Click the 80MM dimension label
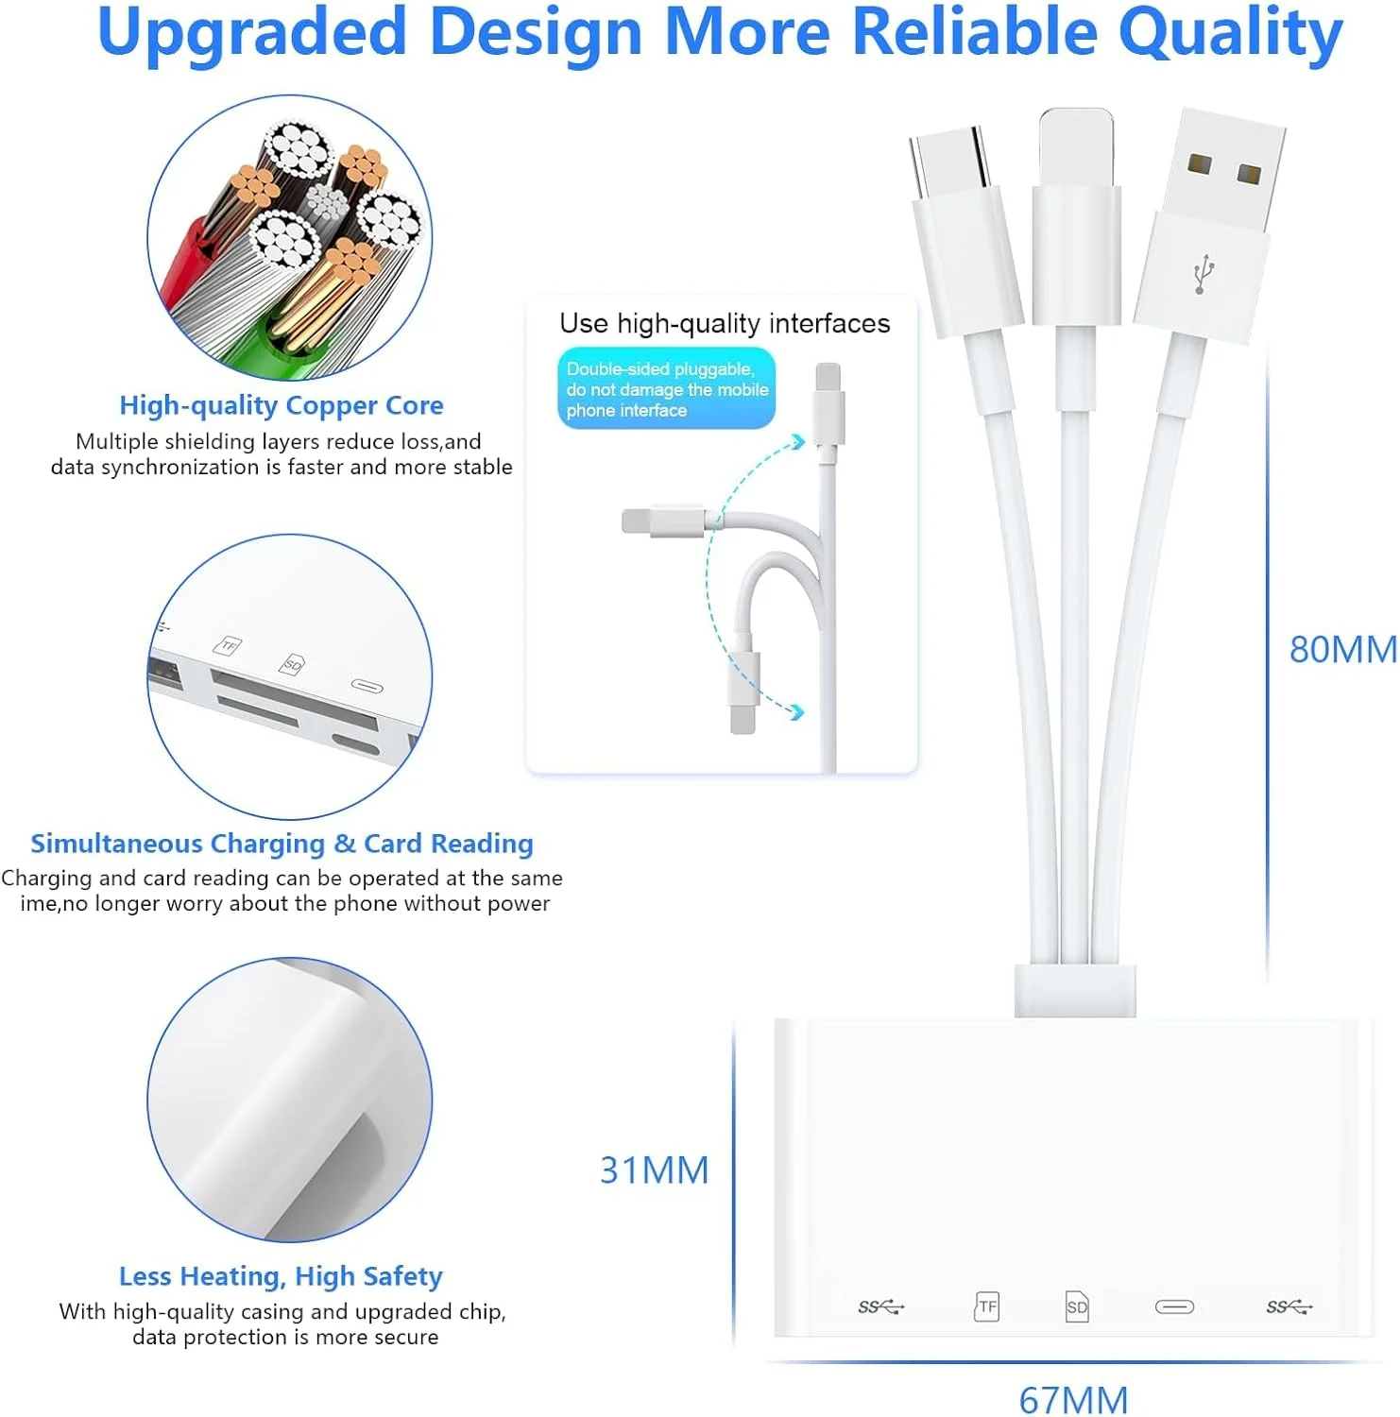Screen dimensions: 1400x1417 (x=1343, y=650)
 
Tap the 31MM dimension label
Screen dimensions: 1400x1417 (x=654, y=1170)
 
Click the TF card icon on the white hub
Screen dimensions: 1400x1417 (x=986, y=1306)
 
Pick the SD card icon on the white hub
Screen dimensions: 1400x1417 (x=1077, y=1306)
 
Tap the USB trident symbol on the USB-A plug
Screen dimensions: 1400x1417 (x=1203, y=274)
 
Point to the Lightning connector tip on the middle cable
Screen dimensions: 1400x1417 (x=1076, y=147)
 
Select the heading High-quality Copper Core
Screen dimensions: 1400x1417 (x=282, y=405)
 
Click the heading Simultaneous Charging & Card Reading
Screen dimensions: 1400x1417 (x=282, y=843)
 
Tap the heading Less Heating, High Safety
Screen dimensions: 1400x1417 (x=281, y=1276)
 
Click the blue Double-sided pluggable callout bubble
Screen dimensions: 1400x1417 (x=666, y=388)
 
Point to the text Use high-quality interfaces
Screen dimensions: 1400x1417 (x=725, y=323)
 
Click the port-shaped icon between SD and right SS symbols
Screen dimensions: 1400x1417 (x=1174, y=1306)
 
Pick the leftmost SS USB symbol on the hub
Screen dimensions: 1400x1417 (x=880, y=1306)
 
